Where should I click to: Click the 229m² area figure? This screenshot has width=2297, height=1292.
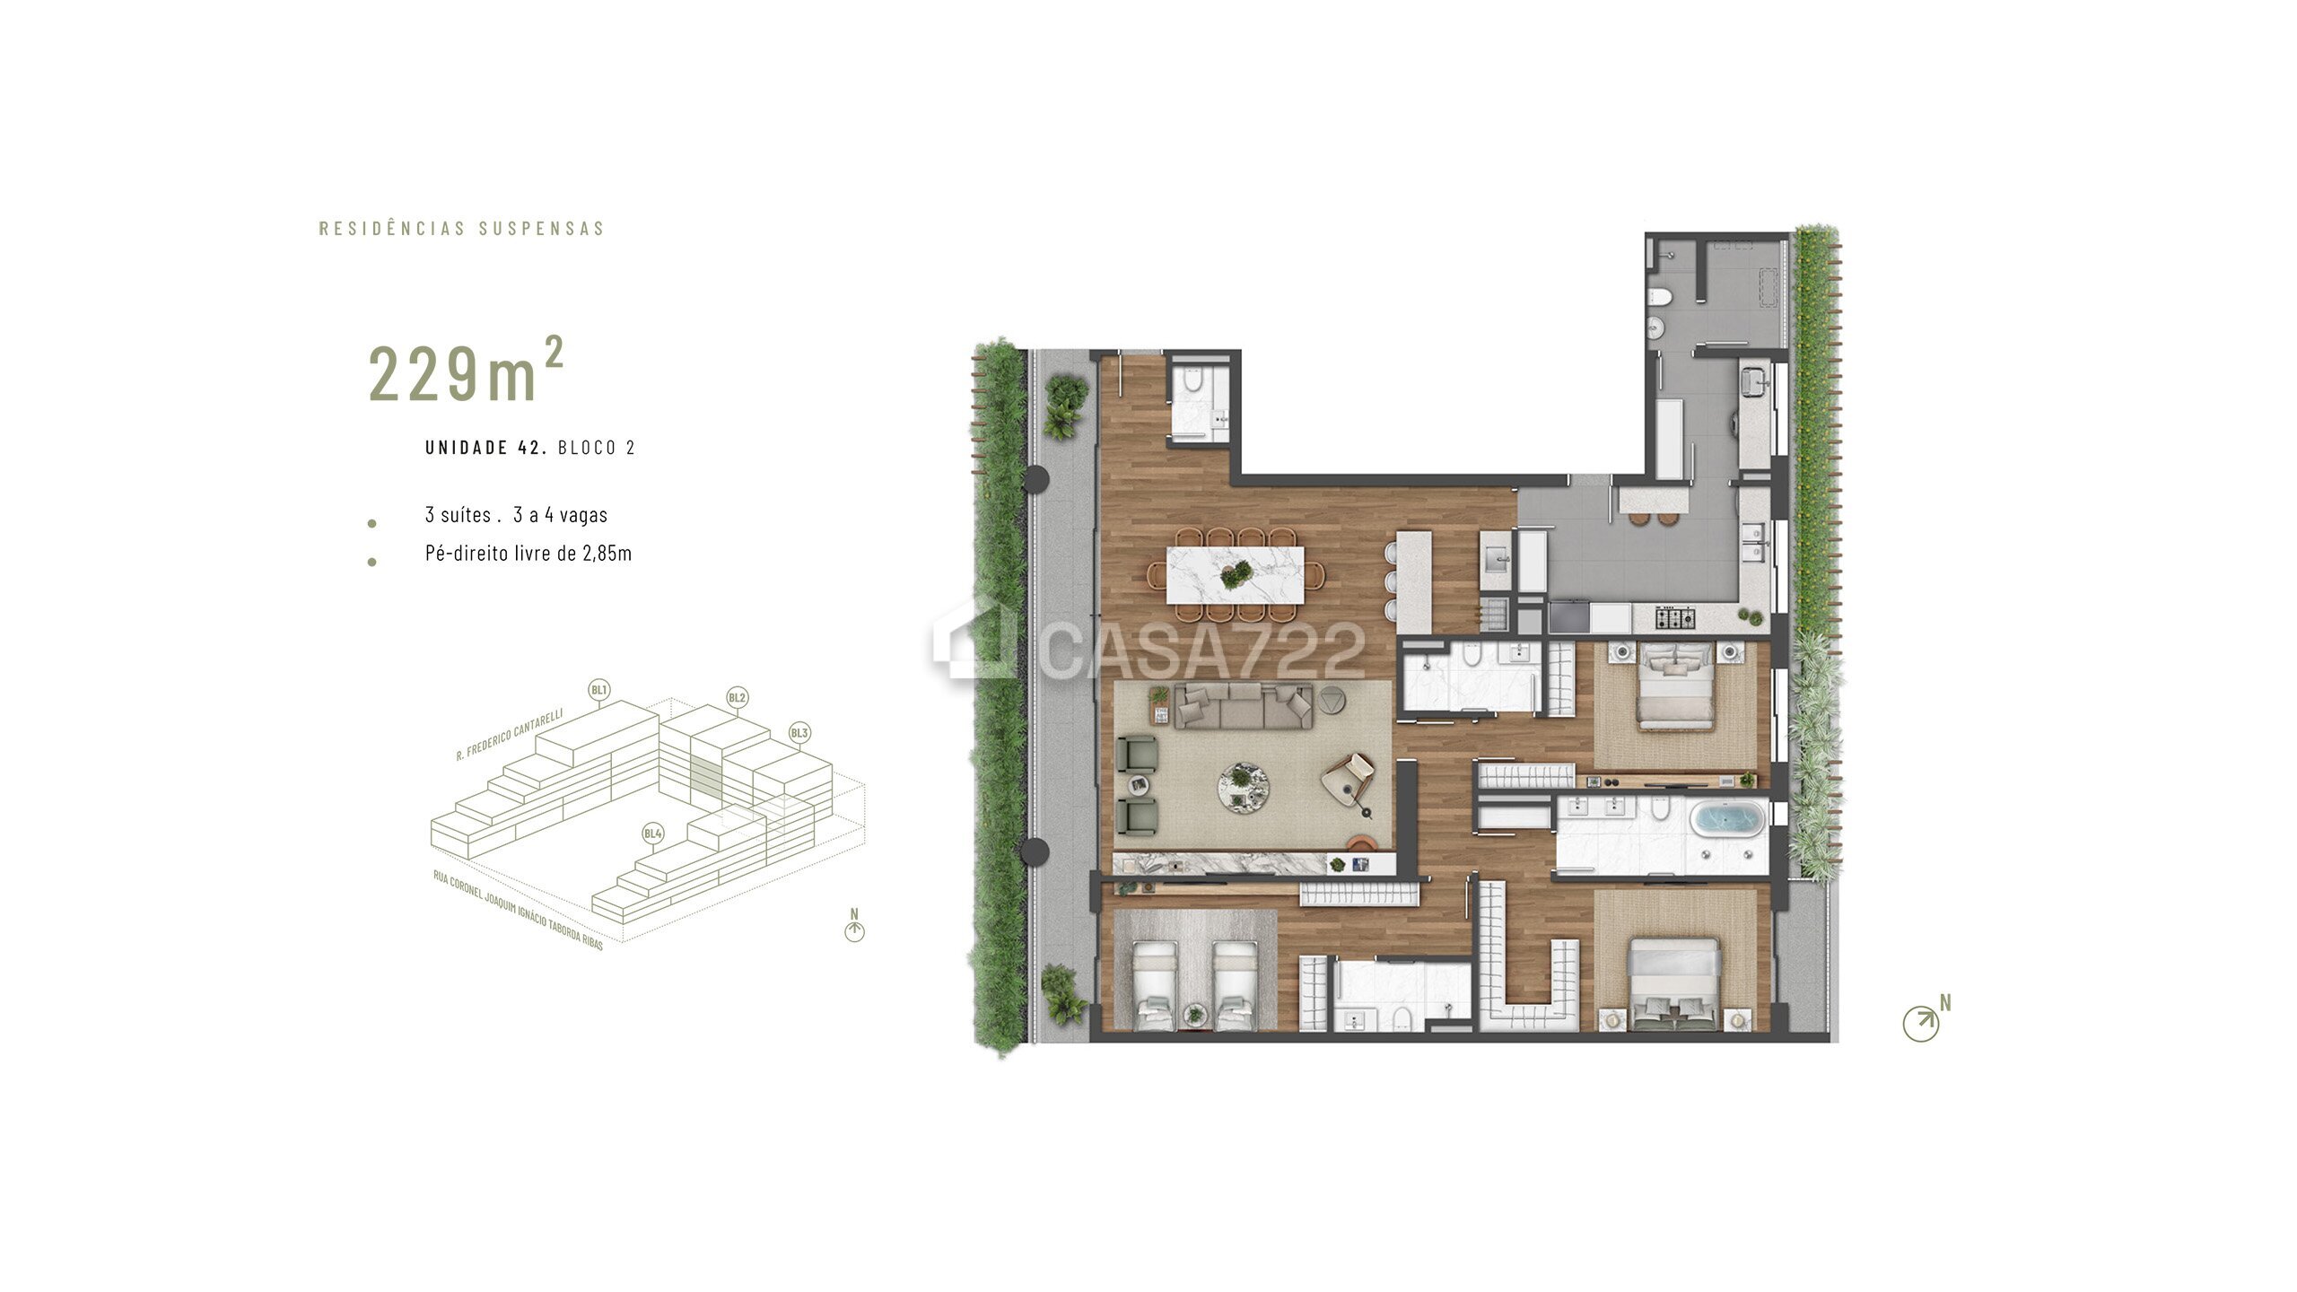click(x=466, y=371)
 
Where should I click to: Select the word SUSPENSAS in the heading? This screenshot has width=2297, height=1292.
click(x=542, y=229)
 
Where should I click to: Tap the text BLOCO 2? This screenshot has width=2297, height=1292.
click(x=597, y=448)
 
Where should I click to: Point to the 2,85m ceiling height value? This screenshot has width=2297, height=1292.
click(x=607, y=554)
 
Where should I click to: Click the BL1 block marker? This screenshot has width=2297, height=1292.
click(x=599, y=690)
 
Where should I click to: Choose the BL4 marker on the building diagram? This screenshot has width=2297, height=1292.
click(x=652, y=834)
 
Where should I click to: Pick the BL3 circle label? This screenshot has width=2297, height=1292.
click(x=799, y=733)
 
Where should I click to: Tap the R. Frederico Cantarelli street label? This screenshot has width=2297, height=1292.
click(x=510, y=735)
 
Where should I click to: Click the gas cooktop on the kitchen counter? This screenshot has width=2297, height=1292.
click(x=1676, y=617)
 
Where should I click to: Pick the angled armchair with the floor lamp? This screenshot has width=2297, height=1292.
click(x=1349, y=778)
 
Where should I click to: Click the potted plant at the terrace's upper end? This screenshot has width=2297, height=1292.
click(x=1065, y=406)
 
